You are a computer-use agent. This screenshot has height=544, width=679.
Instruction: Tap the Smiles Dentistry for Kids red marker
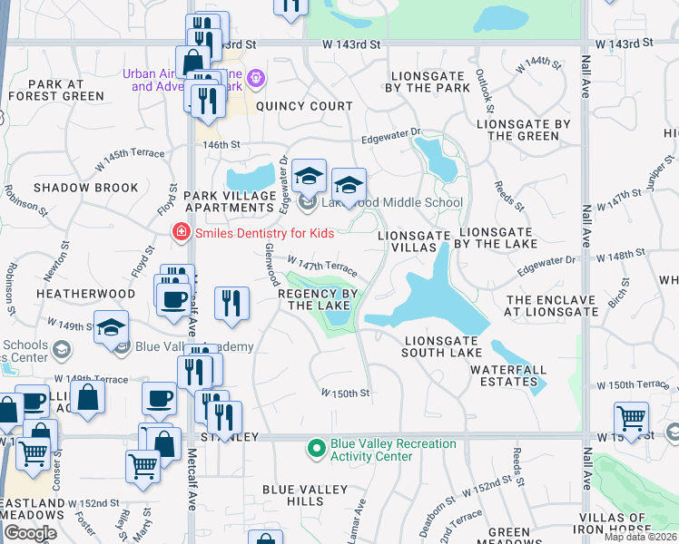(x=181, y=232)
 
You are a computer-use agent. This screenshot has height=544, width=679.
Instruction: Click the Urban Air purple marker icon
(x=256, y=80)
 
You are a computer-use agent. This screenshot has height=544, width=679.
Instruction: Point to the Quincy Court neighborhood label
(x=304, y=106)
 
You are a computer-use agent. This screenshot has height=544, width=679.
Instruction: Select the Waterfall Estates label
(x=504, y=375)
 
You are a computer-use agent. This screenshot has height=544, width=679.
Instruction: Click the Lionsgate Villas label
(x=414, y=241)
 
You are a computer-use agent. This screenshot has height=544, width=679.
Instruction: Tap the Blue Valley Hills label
(x=305, y=495)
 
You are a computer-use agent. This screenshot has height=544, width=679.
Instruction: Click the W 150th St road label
(x=345, y=393)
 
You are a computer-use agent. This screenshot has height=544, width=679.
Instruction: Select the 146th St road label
(x=221, y=144)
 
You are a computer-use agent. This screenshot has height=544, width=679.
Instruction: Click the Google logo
(x=30, y=533)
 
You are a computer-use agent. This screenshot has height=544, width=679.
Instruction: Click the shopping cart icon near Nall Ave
(x=632, y=419)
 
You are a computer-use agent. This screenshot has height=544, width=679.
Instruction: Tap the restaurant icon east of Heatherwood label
(x=232, y=304)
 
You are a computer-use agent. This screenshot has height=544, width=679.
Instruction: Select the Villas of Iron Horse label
(x=635, y=525)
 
